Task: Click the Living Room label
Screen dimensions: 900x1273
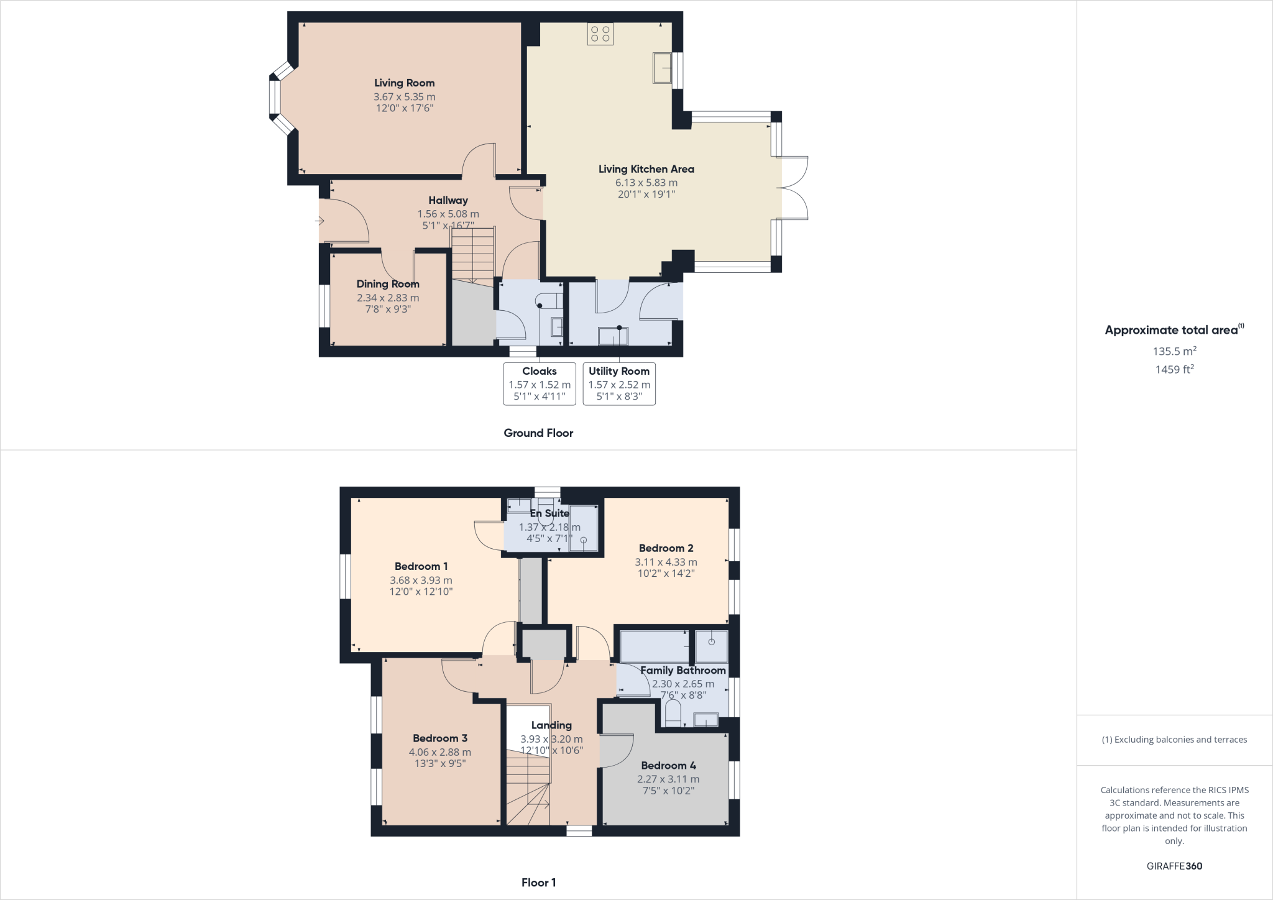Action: point(404,83)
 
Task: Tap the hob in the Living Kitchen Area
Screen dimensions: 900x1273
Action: point(600,34)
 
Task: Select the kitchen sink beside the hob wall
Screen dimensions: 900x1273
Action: point(661,68)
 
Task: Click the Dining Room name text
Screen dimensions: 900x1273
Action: point(388,284)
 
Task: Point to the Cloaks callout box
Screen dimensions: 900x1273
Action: point(539,383)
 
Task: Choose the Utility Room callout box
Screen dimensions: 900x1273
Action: point(619,383)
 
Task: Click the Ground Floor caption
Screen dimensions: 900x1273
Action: point(538,433)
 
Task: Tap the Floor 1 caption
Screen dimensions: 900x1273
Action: point(538,883)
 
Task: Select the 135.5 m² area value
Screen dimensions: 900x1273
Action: point(1174,351)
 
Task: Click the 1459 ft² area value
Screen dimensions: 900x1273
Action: point(1174,369)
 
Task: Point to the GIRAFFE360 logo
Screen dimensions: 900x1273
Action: point(1174,866)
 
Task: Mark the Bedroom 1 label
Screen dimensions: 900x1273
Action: point(421,566)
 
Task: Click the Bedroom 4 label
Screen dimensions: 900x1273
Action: point(668,766)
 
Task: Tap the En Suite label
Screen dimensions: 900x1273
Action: point(549,513)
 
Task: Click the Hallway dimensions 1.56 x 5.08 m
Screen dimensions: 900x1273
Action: point(448,214)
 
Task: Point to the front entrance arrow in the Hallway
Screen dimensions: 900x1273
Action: point(320,221)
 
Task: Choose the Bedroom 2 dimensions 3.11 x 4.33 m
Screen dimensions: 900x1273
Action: point(666,562)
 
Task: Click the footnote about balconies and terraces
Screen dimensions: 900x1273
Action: point(1174,740)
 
